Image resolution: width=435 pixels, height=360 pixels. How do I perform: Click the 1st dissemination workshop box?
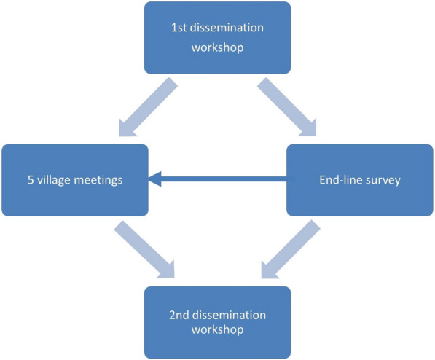click(x=217, y=38)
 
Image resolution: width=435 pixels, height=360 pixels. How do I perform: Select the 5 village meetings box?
click(x=74, y=179)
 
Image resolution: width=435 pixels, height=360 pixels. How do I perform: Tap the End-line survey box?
click(x=359, y=179)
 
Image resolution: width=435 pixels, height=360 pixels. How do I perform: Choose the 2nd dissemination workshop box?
click(x=217, y=321)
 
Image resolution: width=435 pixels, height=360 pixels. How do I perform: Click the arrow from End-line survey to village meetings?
click(x=219, y=179)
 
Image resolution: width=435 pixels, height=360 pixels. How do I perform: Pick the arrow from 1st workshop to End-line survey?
click(x=289, y=108)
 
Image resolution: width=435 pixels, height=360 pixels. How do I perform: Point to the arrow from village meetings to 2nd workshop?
click(x=145, y=251)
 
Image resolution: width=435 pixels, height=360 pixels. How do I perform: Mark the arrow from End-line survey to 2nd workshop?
click(x=289, y=251)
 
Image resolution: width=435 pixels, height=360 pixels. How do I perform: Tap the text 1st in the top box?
click(x=179, y=29)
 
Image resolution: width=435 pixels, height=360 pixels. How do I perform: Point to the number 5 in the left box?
click(x=31, y=180)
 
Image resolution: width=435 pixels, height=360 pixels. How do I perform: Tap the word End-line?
click(x=340, y=180)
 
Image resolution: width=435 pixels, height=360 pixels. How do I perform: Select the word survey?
click(x=383, y=180)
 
